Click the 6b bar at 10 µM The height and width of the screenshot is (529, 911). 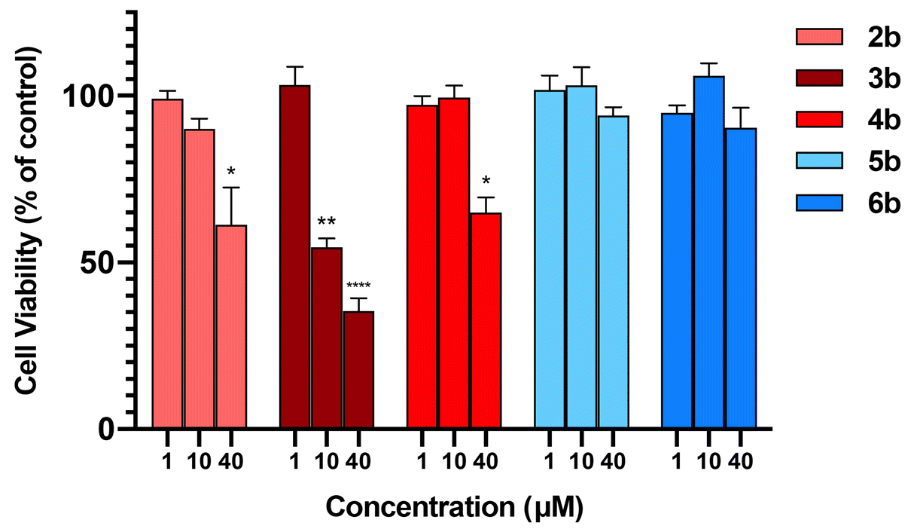tap(709, 252)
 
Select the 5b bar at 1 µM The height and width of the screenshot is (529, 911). tap(550, 259)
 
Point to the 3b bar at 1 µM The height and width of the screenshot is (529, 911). tap(295, 256)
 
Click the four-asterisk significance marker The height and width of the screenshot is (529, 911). tap(358, 286)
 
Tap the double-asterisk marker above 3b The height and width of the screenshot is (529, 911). tap(327, 222)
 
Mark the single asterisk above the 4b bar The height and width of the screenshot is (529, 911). tap(486, 182)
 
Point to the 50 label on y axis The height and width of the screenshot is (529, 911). tap(105, 263)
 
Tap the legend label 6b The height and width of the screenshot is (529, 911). tap(883, 204)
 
